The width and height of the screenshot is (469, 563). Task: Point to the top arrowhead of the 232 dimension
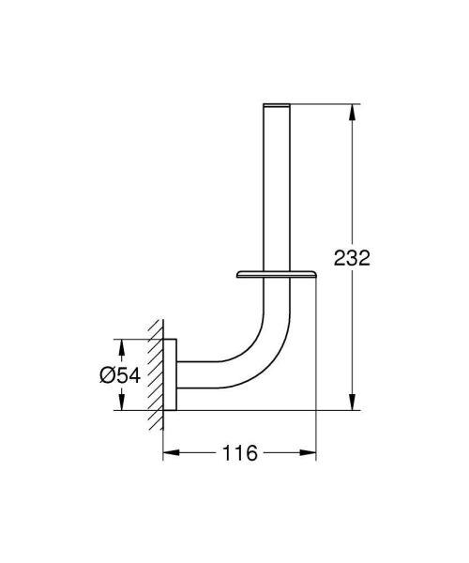353,109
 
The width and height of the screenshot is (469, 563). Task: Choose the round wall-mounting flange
171,374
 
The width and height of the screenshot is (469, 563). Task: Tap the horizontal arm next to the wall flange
202,374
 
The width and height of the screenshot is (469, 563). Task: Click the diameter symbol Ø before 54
106,375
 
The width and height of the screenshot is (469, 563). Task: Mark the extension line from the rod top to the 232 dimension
319,99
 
